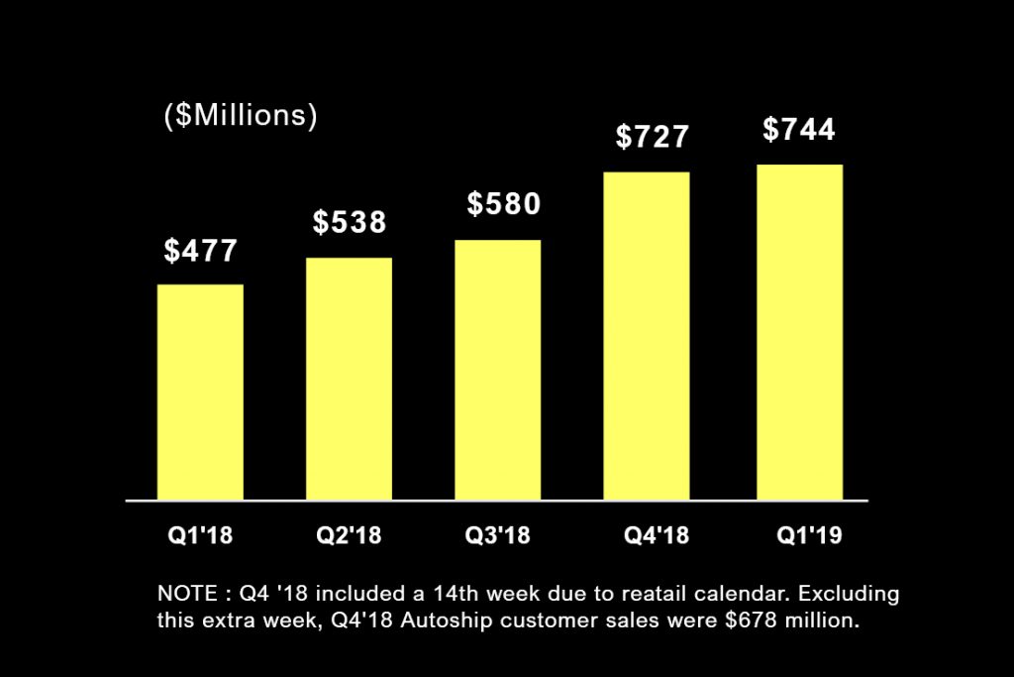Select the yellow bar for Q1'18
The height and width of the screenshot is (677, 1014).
(x=200, y=393)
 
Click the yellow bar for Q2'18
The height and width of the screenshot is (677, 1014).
(x=349, y=379)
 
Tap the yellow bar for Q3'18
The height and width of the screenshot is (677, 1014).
(x=498, y=370)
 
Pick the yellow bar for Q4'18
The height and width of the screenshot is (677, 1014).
(x=647, y=336)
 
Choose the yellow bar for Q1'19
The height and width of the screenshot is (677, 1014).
(x=799, y=332)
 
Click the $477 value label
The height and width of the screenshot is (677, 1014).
(x=201, y=251)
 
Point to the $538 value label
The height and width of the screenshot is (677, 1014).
(x=350, y=222)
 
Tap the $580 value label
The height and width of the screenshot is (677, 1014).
(x=504, y=204)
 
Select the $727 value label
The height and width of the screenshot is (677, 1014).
(x=652, y=137)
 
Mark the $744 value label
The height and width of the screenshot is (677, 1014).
(x=799, y=130)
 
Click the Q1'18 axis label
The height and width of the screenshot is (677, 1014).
(x=200, y=536)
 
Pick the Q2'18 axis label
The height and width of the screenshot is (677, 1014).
(x=349, y=536)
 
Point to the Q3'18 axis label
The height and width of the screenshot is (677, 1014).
(x=498, y=536)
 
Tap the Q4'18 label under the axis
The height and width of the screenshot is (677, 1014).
(x=656, y=536)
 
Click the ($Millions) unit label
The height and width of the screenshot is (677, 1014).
(x=240, y=116)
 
